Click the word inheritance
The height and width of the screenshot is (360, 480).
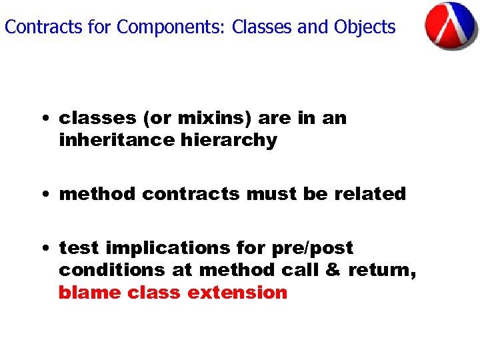point(117,141)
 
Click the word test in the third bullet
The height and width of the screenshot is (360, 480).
point(79,248)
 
